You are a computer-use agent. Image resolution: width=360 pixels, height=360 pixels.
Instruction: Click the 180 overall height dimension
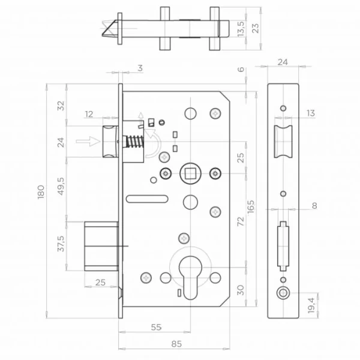tap(41, 192)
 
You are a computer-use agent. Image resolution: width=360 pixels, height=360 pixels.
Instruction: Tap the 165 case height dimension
tap(251, 206)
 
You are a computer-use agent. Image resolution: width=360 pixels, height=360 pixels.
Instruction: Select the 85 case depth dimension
tap(176, 344)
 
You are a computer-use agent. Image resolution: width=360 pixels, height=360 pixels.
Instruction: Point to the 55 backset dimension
tap(156, 327)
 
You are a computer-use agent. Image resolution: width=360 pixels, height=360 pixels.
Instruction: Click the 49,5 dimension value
tap(61, 186)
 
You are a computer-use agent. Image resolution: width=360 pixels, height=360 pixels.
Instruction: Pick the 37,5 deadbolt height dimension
tap(61, 244)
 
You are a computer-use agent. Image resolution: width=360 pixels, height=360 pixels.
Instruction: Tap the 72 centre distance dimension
tap(241, 221)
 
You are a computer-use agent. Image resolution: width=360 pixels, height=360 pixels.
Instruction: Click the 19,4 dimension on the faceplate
tap(311, 305)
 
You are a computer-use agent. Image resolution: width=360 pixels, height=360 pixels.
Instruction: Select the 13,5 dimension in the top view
tap(241, 29)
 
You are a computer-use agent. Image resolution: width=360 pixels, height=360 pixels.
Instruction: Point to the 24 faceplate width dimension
tap(283, 62)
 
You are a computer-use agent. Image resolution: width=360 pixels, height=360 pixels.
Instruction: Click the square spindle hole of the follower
tap(190, 173)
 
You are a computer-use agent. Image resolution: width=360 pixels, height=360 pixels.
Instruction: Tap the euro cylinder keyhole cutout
tap(190, 278)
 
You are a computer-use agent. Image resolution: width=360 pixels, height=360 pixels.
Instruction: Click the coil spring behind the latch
tap(136, 142)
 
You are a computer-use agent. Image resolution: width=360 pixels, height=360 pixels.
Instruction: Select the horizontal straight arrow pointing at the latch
tap(88, 141)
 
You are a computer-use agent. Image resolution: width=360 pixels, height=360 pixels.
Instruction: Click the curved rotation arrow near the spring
tap(152, 143)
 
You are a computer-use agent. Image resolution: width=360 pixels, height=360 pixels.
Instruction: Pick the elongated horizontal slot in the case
tap(147, 199)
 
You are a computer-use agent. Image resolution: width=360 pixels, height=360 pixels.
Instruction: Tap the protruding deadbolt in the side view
tap(101, 246)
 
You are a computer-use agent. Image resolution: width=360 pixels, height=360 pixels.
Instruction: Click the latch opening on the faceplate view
tap(283, 142)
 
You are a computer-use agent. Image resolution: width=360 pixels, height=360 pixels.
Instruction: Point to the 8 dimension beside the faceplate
tap(314, 205)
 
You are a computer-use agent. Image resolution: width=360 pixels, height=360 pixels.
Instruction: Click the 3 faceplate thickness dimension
tap(140, 68)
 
